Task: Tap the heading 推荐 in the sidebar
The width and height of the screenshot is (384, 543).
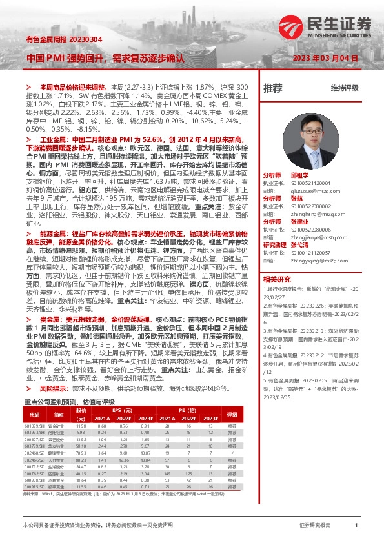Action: (272, 88)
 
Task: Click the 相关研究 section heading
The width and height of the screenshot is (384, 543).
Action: (277, 279)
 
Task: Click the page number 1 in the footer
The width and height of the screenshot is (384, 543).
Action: (356, 526)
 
